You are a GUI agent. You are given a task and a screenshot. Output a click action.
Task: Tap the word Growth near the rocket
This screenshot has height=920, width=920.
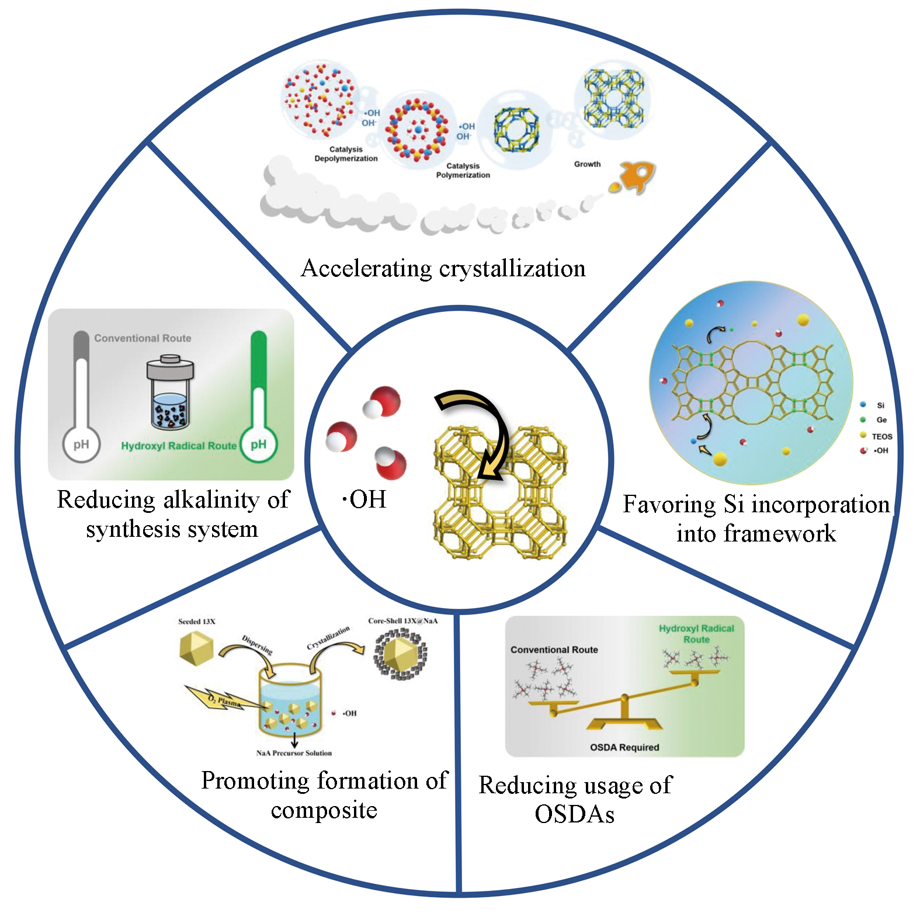[x=587, y=164]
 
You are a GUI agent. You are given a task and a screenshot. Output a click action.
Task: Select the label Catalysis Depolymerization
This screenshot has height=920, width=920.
[x=346, y=154]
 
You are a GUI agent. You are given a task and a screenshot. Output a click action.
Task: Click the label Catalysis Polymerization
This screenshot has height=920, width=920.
[x=463, y=171]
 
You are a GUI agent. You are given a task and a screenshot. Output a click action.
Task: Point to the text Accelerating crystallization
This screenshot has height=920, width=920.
[x=443, y=268]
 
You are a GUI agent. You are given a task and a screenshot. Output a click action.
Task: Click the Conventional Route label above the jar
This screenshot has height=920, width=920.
[x=143, y=338]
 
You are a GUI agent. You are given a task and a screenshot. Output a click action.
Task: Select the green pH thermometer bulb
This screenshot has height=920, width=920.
[x=258, y=445]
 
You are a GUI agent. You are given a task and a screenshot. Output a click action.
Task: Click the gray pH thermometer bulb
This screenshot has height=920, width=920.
[x=81, y=445]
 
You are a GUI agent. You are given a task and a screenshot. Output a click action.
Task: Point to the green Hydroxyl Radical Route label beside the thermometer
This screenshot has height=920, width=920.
[x=179, y=446]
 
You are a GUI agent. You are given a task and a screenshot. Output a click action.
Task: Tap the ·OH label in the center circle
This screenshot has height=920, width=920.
[x=364, y=499]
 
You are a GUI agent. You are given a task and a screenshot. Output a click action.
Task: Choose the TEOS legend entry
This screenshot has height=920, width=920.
[x=881, y=436]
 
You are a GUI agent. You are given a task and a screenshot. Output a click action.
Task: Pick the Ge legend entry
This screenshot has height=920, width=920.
[x=881, y=420]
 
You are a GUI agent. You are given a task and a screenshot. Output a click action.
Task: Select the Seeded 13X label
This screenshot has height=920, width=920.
[x=196, y=622]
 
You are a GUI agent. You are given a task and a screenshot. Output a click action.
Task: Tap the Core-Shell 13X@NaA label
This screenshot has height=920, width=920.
[x=402, y=621]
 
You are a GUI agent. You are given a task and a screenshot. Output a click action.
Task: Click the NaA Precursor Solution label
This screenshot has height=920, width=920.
[x=294, y=753]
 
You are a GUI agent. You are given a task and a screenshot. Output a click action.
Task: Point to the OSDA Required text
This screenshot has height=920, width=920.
[x=624, y=747]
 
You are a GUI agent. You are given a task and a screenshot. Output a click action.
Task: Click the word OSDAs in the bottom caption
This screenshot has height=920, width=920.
[x=574, y=814]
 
